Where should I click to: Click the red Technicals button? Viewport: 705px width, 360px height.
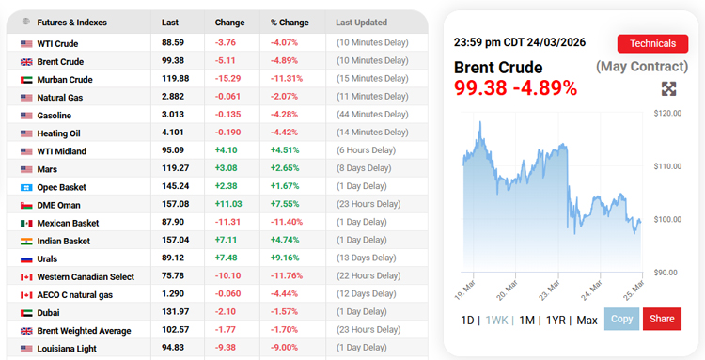click(651, 43)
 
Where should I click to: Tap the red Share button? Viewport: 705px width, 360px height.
click(662, 320)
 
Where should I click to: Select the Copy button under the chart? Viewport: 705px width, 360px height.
click(621, 320)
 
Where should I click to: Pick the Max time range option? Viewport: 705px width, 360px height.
click(587, 320)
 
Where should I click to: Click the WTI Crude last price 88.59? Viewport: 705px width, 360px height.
click(172, 43)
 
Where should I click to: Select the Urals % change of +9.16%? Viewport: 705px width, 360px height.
click(286, 258)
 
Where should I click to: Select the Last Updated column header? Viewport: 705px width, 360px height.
click(363, 22)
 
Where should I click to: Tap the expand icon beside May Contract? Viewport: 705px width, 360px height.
click(669, 88)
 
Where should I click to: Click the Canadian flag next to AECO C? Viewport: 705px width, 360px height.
click(26, 295)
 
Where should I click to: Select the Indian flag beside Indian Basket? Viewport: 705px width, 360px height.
click(26, 241)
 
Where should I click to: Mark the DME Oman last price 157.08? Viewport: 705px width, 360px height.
click(175, 205)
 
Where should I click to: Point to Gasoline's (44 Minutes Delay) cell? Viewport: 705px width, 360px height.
click(373, 116)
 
